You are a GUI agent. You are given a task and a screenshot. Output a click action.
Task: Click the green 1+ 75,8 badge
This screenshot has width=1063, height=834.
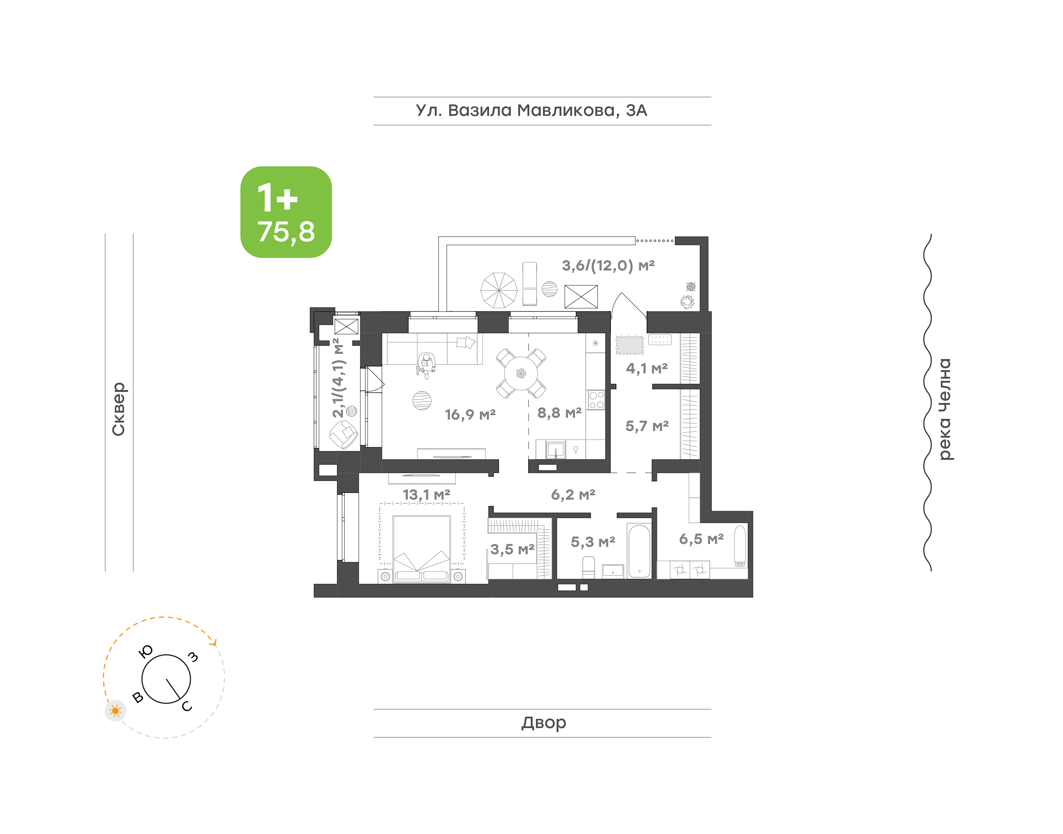tap(286, 212)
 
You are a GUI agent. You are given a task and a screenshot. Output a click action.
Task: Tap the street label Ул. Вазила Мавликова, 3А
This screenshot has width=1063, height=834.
tap(531, 111)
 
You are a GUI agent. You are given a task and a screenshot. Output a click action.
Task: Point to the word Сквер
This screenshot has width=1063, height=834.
tap(118, 409)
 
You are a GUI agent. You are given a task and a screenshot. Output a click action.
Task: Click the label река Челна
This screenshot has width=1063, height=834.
tap(945, 409)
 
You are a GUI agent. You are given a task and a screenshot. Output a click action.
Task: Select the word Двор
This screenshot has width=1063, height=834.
tap(543, 723)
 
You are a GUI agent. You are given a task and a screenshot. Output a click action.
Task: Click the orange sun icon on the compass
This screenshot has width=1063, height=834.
tap(115, 710)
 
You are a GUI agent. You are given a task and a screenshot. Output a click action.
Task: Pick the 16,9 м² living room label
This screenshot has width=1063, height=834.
tap(470, 414)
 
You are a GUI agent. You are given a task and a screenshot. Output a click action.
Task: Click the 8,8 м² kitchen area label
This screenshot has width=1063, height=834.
tap(560, 413)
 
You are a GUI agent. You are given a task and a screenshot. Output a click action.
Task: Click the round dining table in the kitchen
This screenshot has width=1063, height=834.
tap(521, 373)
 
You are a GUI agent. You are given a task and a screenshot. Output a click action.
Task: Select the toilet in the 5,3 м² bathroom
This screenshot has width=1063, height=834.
tap(589, 568)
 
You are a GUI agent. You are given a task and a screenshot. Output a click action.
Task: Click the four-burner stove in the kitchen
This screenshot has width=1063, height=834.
tap(596, 399)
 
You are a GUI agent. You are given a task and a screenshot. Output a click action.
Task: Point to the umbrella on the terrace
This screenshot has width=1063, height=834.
tap(499, 290)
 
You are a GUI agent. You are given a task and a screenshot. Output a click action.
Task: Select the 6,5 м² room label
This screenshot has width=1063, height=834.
tap(701, 539)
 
